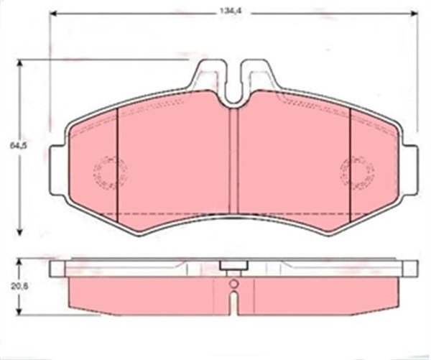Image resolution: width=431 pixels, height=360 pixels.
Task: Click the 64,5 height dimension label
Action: [x=18, y=146]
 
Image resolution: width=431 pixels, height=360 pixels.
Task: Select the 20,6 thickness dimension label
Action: [x=19, y=287]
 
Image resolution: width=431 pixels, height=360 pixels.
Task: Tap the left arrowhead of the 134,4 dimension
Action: [x=54, y=14]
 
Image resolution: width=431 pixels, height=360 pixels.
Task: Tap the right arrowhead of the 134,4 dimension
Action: [x=414, y=14]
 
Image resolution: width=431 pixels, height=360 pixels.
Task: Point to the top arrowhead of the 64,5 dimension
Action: [x=19, y=64]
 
